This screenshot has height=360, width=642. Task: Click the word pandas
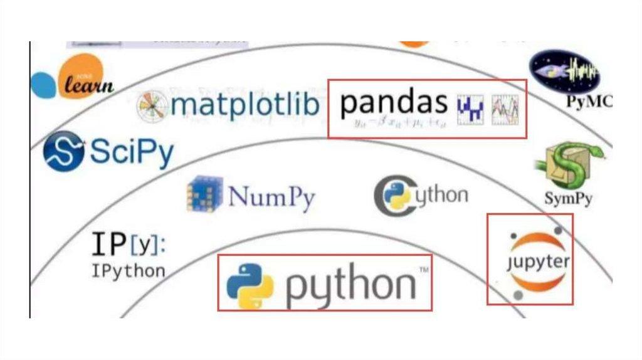point(394,103)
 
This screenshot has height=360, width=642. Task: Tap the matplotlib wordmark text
point(245,106)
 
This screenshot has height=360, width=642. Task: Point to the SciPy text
point(132,152)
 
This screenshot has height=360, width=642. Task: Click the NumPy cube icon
point(204,194)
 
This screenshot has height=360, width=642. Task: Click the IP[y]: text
point(129,245)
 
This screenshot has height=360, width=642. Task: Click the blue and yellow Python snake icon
point(250,286)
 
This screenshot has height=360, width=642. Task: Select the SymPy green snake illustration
point(567,165)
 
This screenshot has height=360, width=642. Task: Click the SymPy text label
point(568,200)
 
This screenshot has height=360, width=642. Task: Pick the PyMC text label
point(589,102)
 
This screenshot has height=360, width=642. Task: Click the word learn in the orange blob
point(88,85)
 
